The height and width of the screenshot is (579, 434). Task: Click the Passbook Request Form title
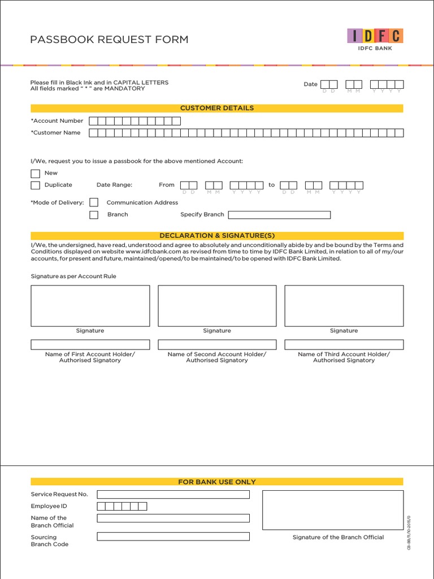pos(109,39)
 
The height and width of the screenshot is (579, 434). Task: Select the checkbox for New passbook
pos(36,173)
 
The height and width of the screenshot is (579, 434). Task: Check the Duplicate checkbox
pos(36,185)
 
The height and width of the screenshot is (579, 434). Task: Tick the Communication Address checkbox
pos(94,202)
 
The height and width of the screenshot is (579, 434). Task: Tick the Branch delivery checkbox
pos(94,214)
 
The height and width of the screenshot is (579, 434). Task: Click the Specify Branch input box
pos(279,215)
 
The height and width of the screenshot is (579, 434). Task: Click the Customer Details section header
pos(217,108)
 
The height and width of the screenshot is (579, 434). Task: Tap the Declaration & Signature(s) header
pos(217,235)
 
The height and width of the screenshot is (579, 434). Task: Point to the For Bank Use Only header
pos(217,482)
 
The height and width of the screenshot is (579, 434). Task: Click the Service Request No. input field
pos(173,494)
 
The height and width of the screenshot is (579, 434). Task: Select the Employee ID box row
pos(122,506)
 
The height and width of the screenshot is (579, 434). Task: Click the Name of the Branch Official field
pos(173,518)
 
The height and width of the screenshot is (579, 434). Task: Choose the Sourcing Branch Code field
pos(173,537)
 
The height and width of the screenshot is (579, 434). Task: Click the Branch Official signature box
pos(333,509)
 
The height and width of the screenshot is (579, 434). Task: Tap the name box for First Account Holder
pos(90,344)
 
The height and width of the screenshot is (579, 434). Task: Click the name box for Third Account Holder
pos(344,344)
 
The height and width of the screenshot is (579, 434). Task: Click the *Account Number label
pos(57,120)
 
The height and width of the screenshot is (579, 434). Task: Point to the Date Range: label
pos(114,185)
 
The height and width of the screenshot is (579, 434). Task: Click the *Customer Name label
pos(56,133)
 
